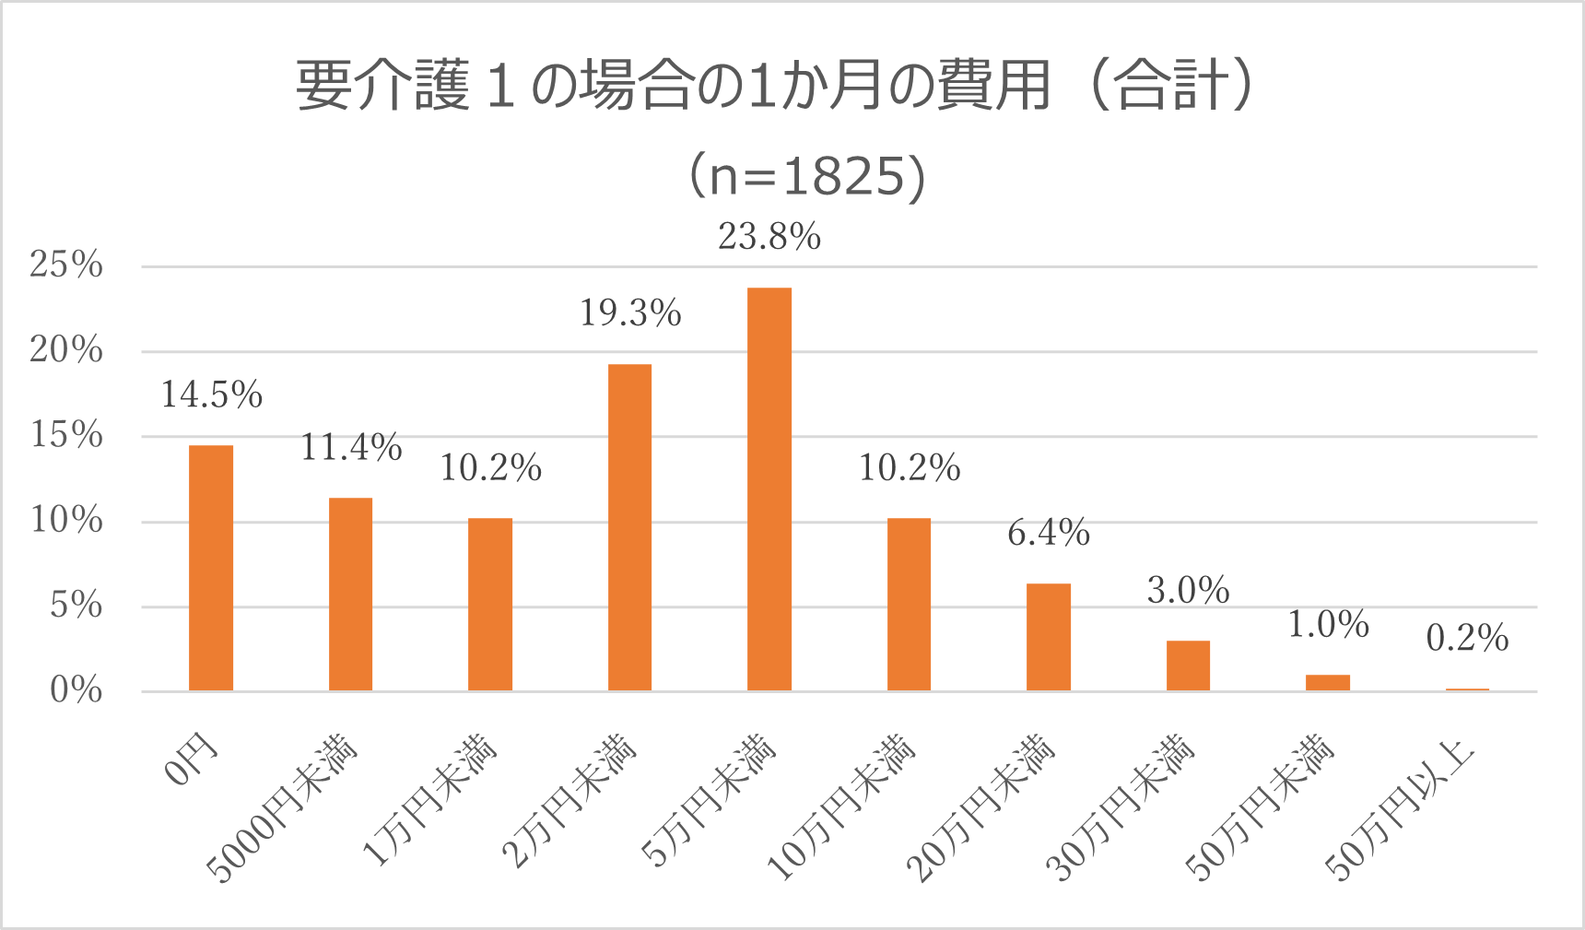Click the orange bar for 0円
(x=211, y=568)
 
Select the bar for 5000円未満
(x=350, y=594)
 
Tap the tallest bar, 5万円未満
(x=769, y=489)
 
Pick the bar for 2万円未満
(x=629, y=527)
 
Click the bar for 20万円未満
(x=1049, y=637)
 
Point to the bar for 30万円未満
(x=1188, y=665)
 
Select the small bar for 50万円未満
(x=1328, y=682)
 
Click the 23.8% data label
(x=769, y=237)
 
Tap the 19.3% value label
(x=630, y=313)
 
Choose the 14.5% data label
(x=212, y=394)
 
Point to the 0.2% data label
(x=1467, y=638)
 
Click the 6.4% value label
(x=1049, y=533)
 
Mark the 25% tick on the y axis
(x=66, y=265)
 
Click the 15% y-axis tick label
(x=66, y=435)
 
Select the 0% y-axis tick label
(x=76, y=689)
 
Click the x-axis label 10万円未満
(x=840, y=807)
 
